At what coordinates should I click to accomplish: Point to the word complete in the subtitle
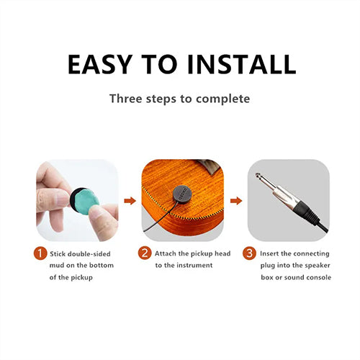tap(223, 98)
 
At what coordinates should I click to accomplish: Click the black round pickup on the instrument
tap(180, 195)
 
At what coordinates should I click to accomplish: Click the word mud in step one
tap(60, 266)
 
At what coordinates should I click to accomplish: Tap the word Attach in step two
tap(167, 253)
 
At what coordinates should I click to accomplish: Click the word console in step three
tap(318, 278)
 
